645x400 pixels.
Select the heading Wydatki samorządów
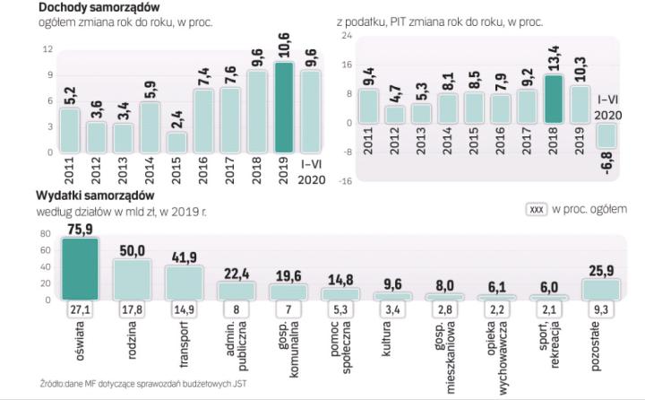pos(96,196)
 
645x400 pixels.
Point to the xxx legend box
pos(537,210)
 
